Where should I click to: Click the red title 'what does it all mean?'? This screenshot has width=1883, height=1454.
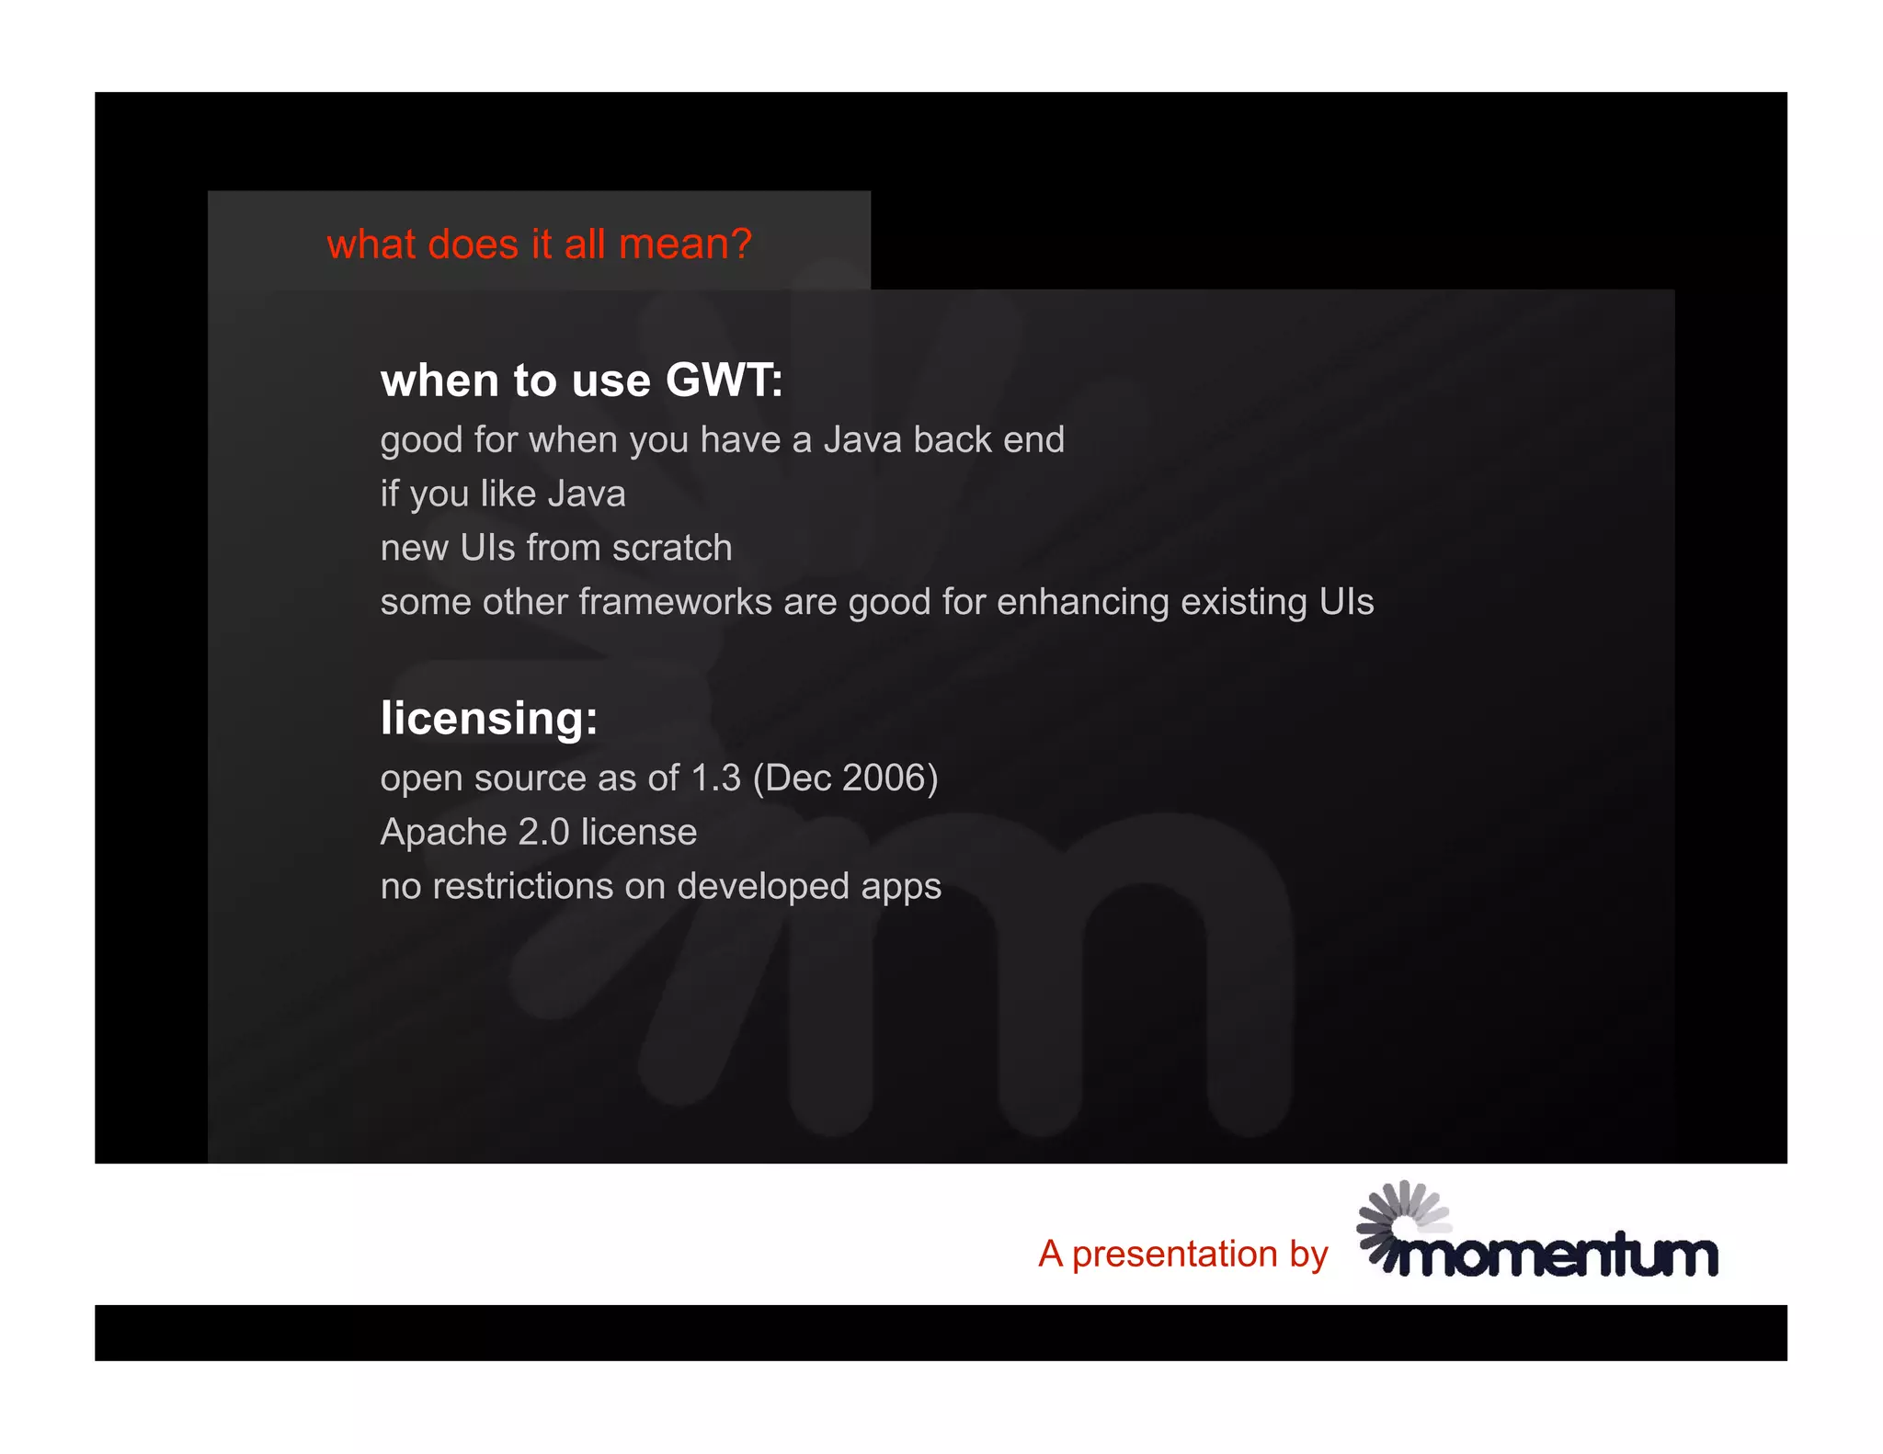539,244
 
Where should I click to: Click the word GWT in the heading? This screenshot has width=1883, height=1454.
722,380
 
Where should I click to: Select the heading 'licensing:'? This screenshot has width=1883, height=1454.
489,718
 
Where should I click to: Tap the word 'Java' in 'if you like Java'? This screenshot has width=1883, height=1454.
586,494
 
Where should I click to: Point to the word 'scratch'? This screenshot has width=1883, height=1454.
672,548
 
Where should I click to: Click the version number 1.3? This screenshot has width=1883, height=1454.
714,778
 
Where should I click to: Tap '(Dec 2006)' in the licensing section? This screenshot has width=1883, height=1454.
845,778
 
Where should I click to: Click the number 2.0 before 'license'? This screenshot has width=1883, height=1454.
543,833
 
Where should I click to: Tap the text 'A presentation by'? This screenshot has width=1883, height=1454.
1182,1254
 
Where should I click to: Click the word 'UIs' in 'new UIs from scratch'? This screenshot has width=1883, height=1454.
487,548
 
